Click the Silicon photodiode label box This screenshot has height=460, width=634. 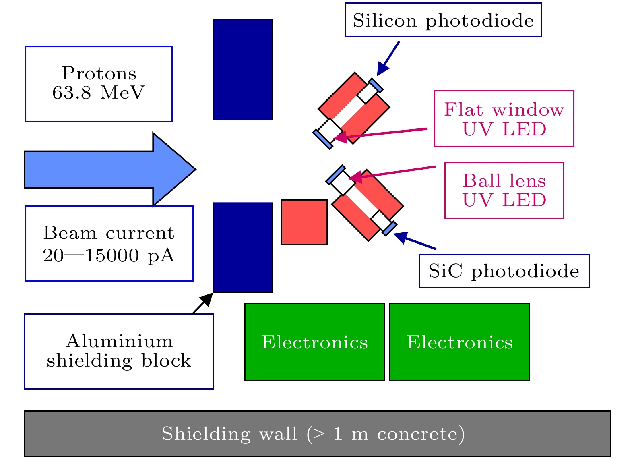[x=443, y=20]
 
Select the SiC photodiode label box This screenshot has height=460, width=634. [x=504, y=271]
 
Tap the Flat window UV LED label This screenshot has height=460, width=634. [x=504, y=119]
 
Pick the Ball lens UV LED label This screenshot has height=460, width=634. [x=504, y=191]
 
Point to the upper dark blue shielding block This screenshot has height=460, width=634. [x=243, y=69]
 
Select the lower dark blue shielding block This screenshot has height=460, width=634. [x=243, y=247]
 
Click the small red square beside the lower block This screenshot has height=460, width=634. [x=304, y=222]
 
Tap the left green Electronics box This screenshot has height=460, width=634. [x=314, y=342]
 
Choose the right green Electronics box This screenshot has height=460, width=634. [x=459, y=342]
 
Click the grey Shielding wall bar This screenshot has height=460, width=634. [x=317, y=434]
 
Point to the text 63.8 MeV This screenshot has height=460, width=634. [x=98, y=93]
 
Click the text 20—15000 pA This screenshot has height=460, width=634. [x=109, y=255]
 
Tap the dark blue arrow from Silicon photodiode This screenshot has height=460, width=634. [x=388, y=58]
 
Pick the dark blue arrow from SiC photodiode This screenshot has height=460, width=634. [x=415, y=241]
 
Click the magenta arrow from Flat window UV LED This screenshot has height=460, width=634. [x=382, y=133]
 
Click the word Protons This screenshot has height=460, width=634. [x=99, y=73]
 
